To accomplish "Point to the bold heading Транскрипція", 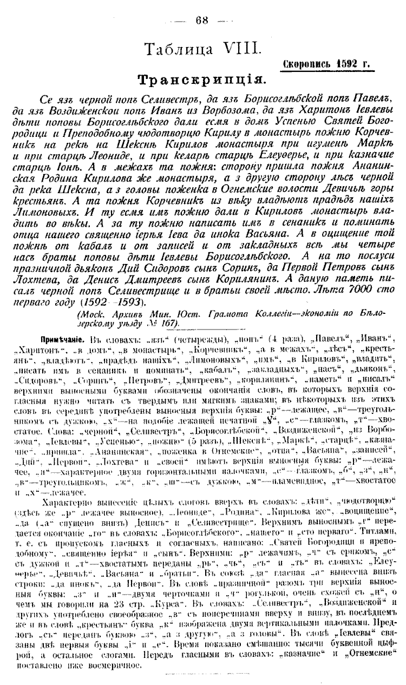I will (x=202, y=81).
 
